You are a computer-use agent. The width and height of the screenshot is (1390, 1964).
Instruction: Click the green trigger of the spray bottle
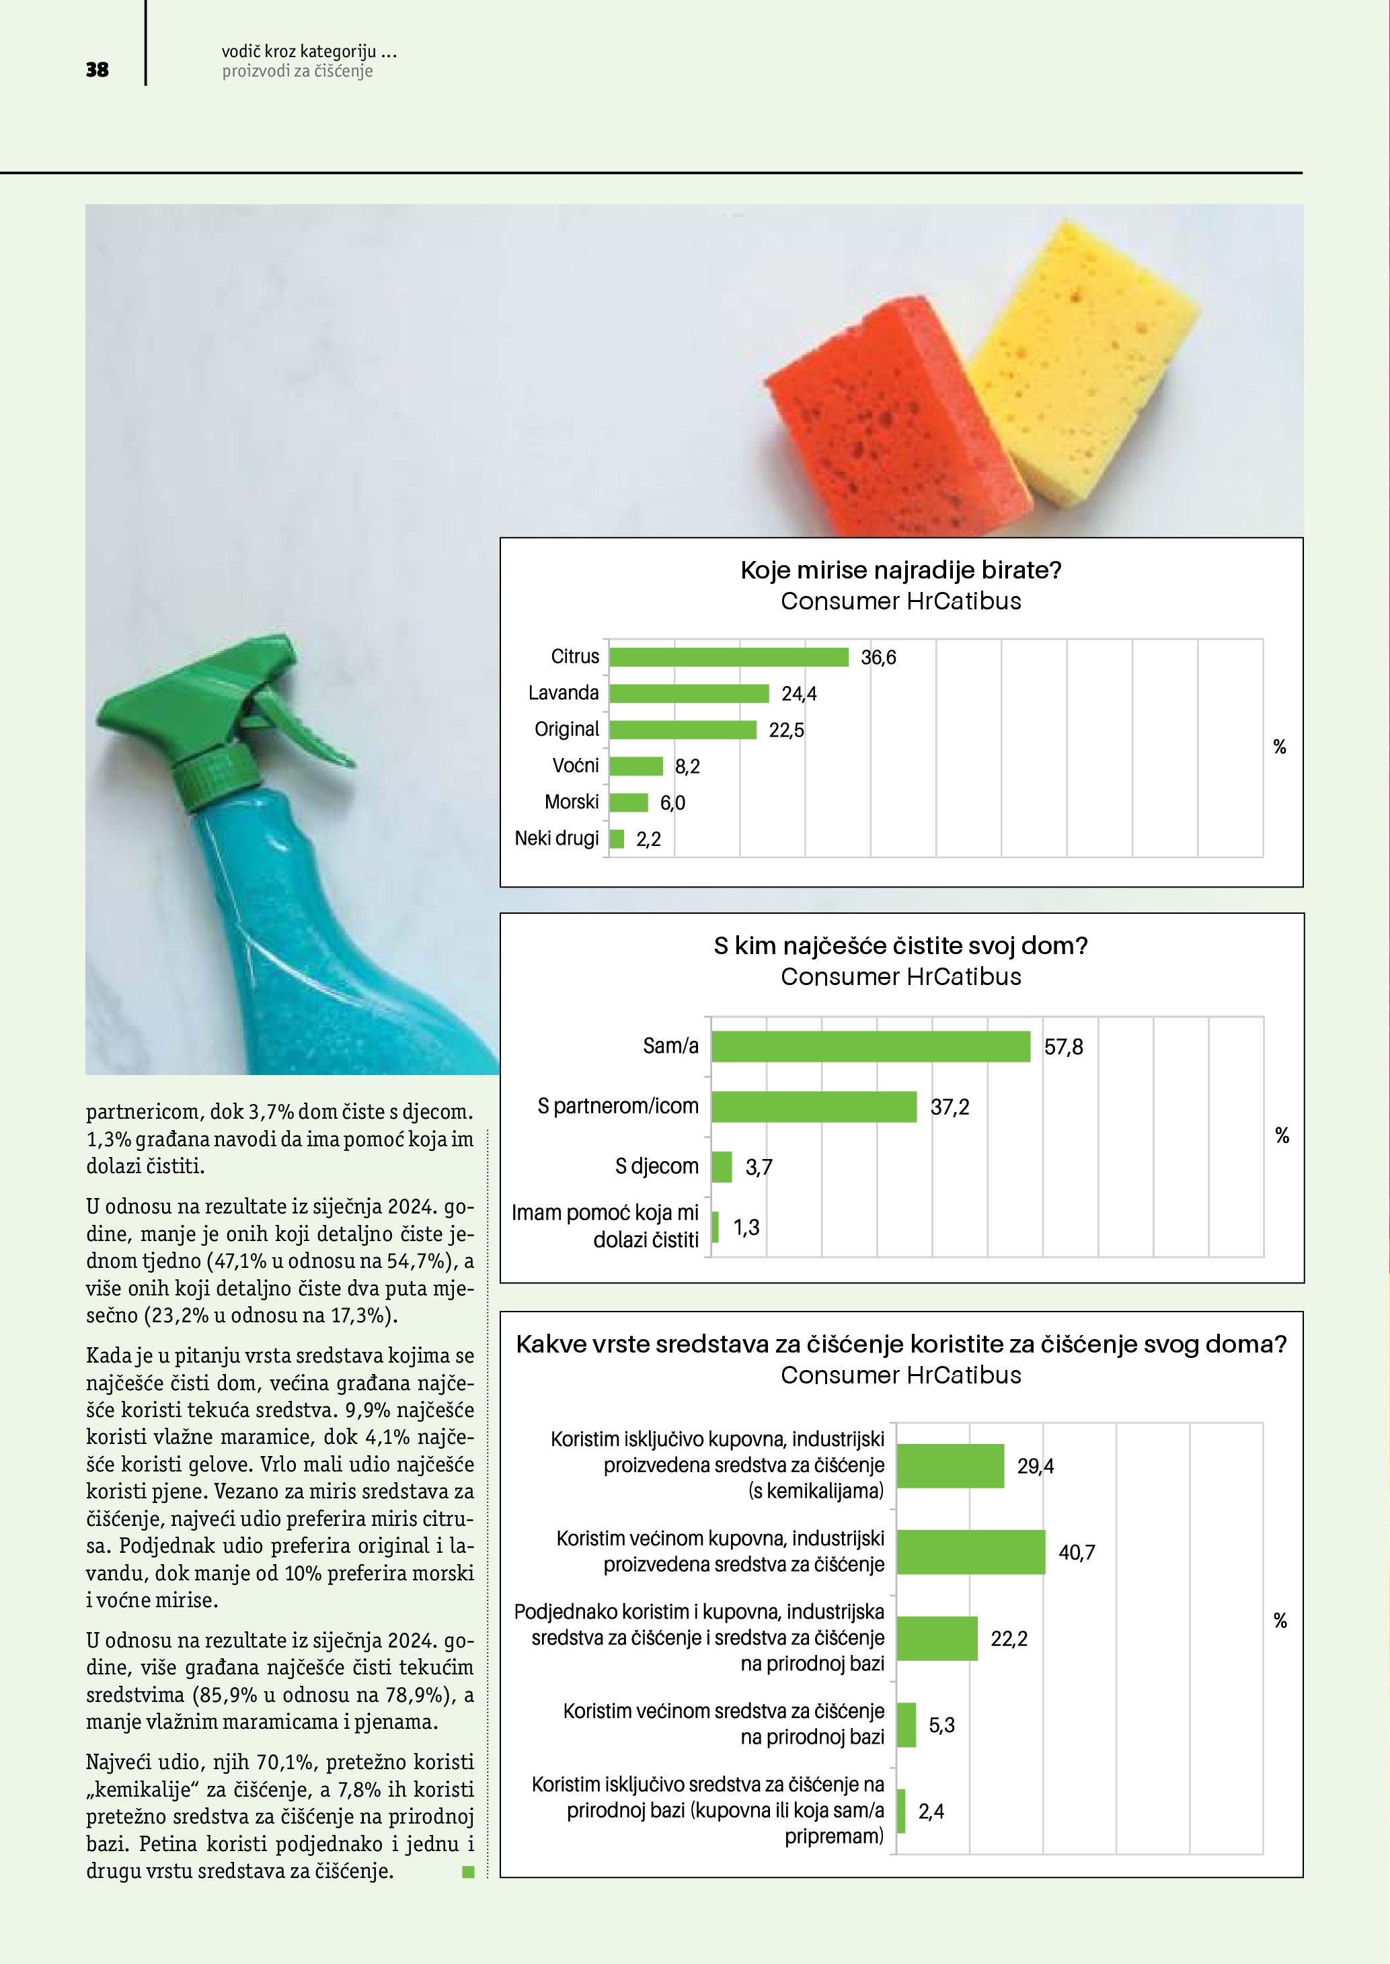pos(299,727)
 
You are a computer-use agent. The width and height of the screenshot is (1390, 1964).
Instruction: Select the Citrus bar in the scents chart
pos(728,657)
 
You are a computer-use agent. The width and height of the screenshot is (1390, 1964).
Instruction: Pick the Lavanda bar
pos(689,693)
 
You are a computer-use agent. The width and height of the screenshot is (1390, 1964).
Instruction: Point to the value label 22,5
pos(785,730)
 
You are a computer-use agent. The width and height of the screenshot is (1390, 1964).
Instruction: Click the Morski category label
pos(571,802)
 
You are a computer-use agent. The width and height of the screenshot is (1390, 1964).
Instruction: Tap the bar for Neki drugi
pos(616,839)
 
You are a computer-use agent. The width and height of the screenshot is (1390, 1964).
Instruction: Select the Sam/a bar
pos(870,1046)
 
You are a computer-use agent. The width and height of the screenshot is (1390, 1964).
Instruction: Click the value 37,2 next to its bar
pos(950,1107)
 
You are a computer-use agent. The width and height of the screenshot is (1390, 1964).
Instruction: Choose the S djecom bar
pos(722,1166)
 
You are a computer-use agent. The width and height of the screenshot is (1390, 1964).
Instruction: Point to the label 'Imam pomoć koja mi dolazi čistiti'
pos(605,1226)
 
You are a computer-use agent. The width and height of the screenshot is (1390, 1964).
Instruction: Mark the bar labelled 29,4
pos(950,1466)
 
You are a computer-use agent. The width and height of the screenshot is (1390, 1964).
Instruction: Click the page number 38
pos(98,69)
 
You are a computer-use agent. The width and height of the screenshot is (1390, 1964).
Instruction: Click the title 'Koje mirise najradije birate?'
pos(900,570)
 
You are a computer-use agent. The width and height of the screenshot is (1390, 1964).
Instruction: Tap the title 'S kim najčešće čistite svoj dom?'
pos(900,946)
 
